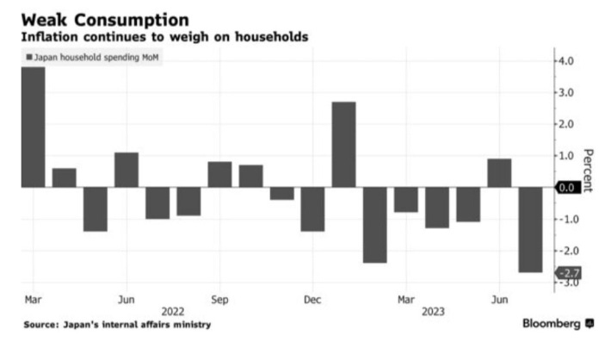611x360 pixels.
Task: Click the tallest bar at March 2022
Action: [x=33, y=127]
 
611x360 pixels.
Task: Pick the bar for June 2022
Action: [x=127, y=170]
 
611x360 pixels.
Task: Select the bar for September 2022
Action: [x=219, y=174]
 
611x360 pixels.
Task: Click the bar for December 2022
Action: [x=312, y=208]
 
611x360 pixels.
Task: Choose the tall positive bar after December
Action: [x=343, y=144]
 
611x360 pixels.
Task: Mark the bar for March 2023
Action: [x=405, y=199]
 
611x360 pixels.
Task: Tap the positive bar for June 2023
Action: [x=498, y=172]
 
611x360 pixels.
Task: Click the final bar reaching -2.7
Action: [x=530, y=229]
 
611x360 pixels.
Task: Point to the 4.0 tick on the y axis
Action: [x=569, y=61]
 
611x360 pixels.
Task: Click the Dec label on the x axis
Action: [x=312, y=300]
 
